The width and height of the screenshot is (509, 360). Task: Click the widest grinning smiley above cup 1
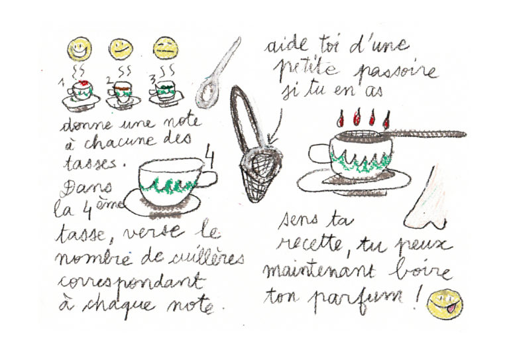tap(80, 49)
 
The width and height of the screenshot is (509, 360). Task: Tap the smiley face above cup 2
tap(121, 49)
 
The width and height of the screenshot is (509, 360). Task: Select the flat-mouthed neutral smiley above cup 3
tap(166, 48)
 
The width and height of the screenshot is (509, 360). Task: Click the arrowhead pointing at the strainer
tap(272, 141)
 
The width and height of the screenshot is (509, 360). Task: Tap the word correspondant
tap(131, 282)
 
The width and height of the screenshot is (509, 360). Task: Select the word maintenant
tap(320, 271)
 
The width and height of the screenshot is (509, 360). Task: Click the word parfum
tap(355, 298)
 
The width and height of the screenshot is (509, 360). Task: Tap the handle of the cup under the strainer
tap(319, 154)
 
